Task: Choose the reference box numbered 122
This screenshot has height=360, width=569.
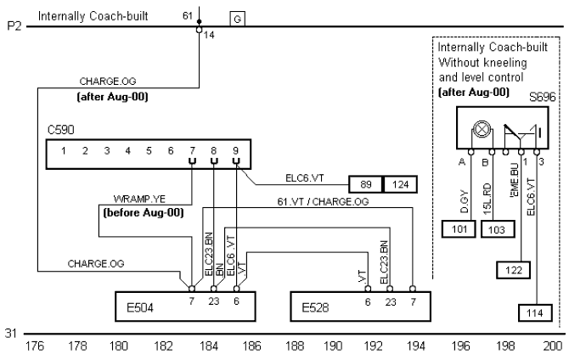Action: click(x=512, y=270)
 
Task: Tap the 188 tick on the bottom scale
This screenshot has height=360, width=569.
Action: click(x=295, y=346)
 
